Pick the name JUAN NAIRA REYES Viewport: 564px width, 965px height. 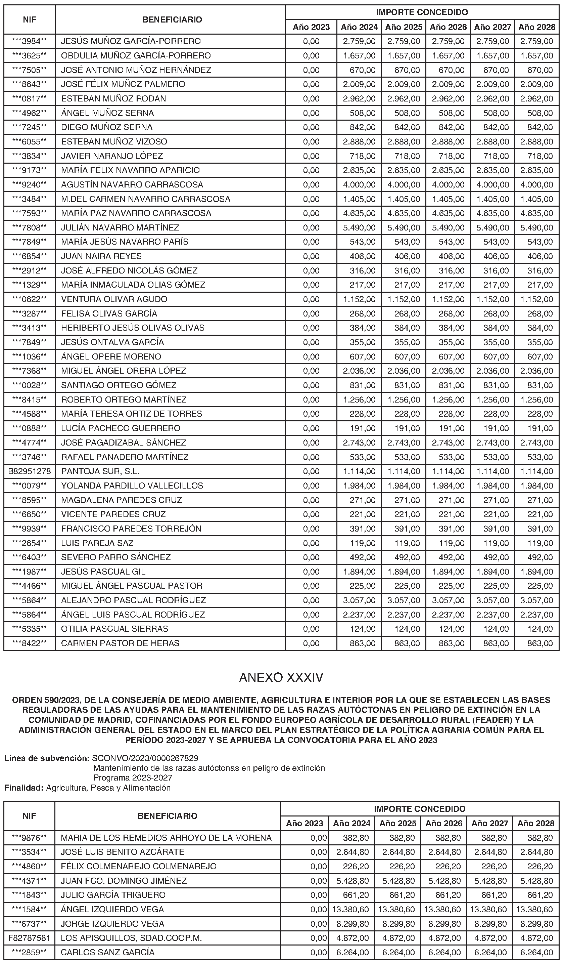[x=101, y=256]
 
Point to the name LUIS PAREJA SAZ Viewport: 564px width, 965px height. [x=97, y=543]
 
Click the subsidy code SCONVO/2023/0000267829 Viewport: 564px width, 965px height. [x=145, y=758]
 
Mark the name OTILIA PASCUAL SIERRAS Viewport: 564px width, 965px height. [x=114, y=628]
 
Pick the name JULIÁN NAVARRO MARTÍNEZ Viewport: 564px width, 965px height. [x=120, y=227]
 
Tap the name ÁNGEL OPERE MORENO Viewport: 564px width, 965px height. [x=111, y=356]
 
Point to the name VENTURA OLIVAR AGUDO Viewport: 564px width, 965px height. [x=114, y=299]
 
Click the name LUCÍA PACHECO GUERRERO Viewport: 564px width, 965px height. [x=121, y=428]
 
